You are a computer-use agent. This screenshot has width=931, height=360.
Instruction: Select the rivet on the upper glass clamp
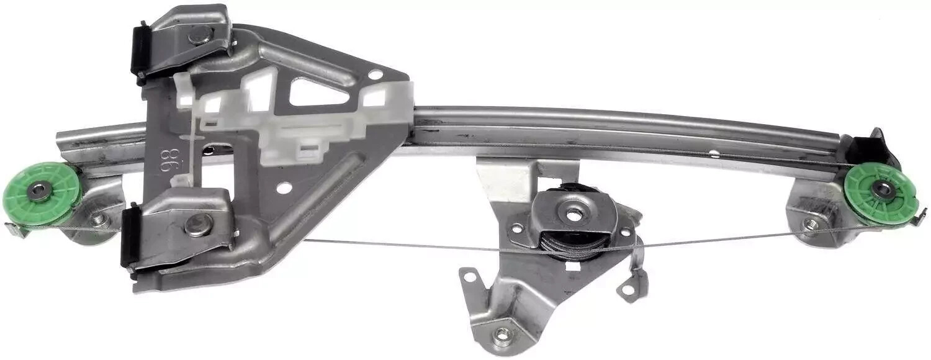point(199,35)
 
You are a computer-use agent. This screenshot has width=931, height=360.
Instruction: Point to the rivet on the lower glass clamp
point(199,225)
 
